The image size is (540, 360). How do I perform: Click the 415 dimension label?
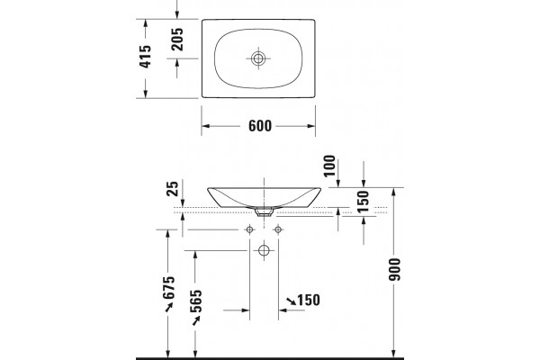coord(145,56)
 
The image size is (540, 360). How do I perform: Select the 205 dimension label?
coord(177,40)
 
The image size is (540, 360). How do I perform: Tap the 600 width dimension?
coord(260,126)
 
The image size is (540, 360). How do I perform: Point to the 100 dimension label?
coord(329,166)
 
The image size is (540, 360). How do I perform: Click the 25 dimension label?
coord(173,188)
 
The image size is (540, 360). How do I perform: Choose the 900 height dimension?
coord(395,269)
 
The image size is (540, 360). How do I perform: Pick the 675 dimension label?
coord(169,288)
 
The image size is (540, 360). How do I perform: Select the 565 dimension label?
coord(196,301)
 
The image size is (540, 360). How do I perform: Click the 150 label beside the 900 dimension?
coord(364,201)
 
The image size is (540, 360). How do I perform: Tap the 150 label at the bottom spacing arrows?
coord(309,300)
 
